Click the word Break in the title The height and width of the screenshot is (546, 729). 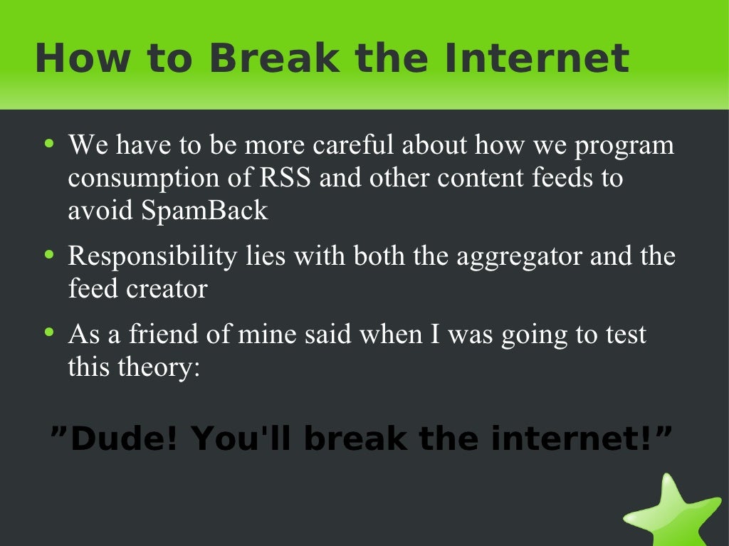tap(274, 58)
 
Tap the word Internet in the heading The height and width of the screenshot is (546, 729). tap(536, 58)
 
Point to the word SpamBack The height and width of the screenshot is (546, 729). tap(205, 211)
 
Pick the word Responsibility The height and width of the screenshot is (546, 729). tap(152, 256)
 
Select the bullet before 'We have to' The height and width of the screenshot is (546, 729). tap(48, 144)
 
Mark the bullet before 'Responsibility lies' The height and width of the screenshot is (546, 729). tap(48, 255)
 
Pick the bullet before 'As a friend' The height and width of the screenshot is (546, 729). tap(48, 332)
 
